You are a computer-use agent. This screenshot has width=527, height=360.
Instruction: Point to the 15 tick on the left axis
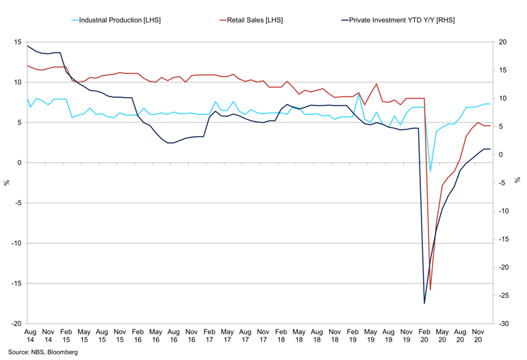pos(18,42)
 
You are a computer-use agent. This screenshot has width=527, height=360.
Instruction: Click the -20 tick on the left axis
pos(16,324)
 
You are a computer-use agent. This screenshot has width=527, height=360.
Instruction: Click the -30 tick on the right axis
pos(502,324)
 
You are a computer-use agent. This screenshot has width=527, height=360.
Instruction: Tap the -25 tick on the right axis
pos(502,296)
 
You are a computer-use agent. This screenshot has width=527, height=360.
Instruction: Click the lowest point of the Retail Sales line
pos(430,290)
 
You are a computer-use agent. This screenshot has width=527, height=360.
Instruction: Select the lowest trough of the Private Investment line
pos(424,303)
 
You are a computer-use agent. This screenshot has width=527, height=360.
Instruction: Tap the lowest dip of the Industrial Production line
pos(430,172)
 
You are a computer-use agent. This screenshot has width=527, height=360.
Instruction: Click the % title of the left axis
pos(7,183)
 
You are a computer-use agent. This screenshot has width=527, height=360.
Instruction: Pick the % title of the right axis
pos(518,183)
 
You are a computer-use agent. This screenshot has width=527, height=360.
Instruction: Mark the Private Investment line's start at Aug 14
pos(28,46)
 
